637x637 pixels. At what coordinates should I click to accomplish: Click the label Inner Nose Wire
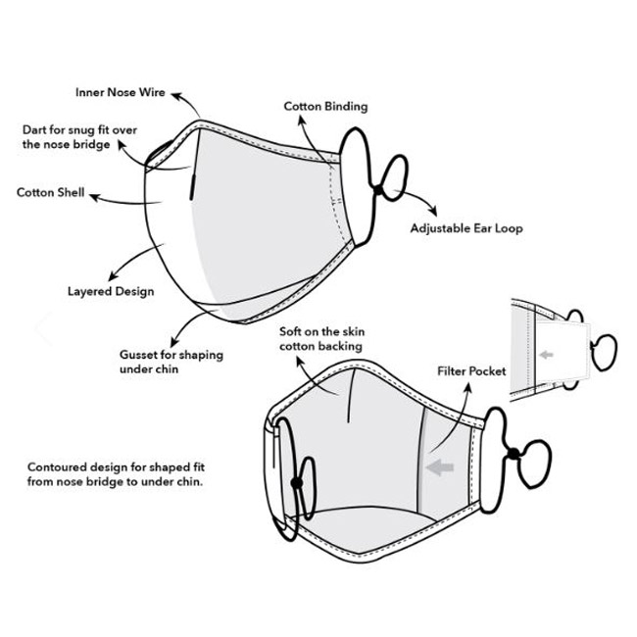(121, 92)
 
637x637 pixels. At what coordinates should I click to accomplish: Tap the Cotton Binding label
(325, 107)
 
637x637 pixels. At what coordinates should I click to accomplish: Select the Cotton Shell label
(50, 192)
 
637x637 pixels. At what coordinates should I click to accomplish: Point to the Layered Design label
(111, 291)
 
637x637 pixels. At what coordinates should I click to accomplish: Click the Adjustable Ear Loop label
(466, 228)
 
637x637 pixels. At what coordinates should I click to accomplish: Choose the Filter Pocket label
(471, 370)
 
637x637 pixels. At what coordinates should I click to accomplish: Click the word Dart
(34, 130)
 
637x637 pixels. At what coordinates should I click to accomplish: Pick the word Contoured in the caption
(57, 466)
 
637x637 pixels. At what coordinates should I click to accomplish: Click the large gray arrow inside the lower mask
(440, 467)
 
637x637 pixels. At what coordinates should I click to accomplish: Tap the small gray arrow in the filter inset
(546, 355)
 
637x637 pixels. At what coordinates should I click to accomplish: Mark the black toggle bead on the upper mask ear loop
(378, 190)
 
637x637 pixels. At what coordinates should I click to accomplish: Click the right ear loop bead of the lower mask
(514, 454)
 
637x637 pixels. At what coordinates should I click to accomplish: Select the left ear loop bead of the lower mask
(297, 483)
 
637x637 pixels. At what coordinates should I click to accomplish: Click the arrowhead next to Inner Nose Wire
(175, 96)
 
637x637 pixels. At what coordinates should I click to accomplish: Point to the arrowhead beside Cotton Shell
(94, 197)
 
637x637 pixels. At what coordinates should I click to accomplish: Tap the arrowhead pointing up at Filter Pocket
(468, 388)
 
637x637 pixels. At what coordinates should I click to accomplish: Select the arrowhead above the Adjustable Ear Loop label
(433, 212)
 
